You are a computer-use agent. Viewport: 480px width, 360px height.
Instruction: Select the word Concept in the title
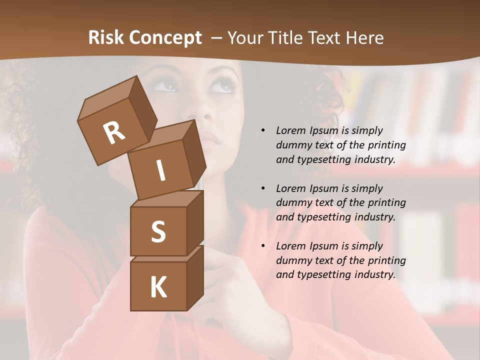(165, 38)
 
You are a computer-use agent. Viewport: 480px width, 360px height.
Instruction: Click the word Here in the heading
(364, 37)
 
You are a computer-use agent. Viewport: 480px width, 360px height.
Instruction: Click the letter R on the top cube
(114, 133)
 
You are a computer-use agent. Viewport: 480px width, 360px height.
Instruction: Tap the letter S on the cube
(158, 231)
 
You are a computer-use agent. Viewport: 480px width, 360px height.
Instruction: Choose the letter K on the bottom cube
(158, 287)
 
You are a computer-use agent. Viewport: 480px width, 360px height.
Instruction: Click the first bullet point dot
(263, 131)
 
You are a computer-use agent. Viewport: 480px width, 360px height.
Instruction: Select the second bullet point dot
(263, 188)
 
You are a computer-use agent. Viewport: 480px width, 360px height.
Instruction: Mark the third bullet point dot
(263, 246)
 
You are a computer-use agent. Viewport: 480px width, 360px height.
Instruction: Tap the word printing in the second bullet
(386, 203)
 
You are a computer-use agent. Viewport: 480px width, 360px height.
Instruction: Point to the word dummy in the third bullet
(293, 260)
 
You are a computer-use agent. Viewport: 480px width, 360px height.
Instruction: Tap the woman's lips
(209, 137)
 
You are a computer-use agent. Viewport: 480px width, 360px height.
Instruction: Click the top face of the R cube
(108, 97)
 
